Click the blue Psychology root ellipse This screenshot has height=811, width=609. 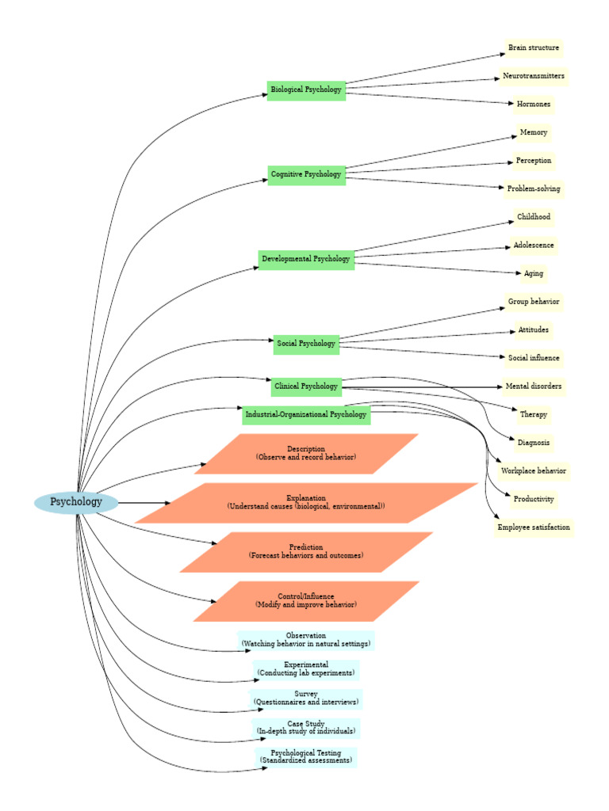(x=76, y=502)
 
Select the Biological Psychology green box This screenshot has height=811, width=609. (x=306, y=90)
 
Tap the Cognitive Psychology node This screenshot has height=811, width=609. (x=306, y=174)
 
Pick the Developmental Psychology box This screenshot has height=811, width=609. (x=306, y=259)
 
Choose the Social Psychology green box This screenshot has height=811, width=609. (x=306, y=344)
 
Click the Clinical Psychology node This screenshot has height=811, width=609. (x=306, y=386)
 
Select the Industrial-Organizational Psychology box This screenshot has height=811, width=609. (x=306, y=414)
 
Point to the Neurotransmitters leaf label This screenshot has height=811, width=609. (x=534, y=76)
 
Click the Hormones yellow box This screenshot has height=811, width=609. (x=534, y=105)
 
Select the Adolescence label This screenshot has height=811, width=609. (x=534, y=246)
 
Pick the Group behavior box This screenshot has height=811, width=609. (x=534, y=302)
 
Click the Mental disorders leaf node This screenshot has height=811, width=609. (x=534, y=386)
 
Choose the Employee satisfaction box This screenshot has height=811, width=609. (x=534, y=527)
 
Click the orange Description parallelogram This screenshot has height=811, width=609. (x=306, y=454)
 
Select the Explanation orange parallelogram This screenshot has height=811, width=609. (x=306, y=503)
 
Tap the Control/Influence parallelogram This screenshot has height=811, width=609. (x=306, y=601)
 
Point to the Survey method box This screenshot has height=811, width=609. (x=306, y=699)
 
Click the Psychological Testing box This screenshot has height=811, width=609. (x=306, y=757)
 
